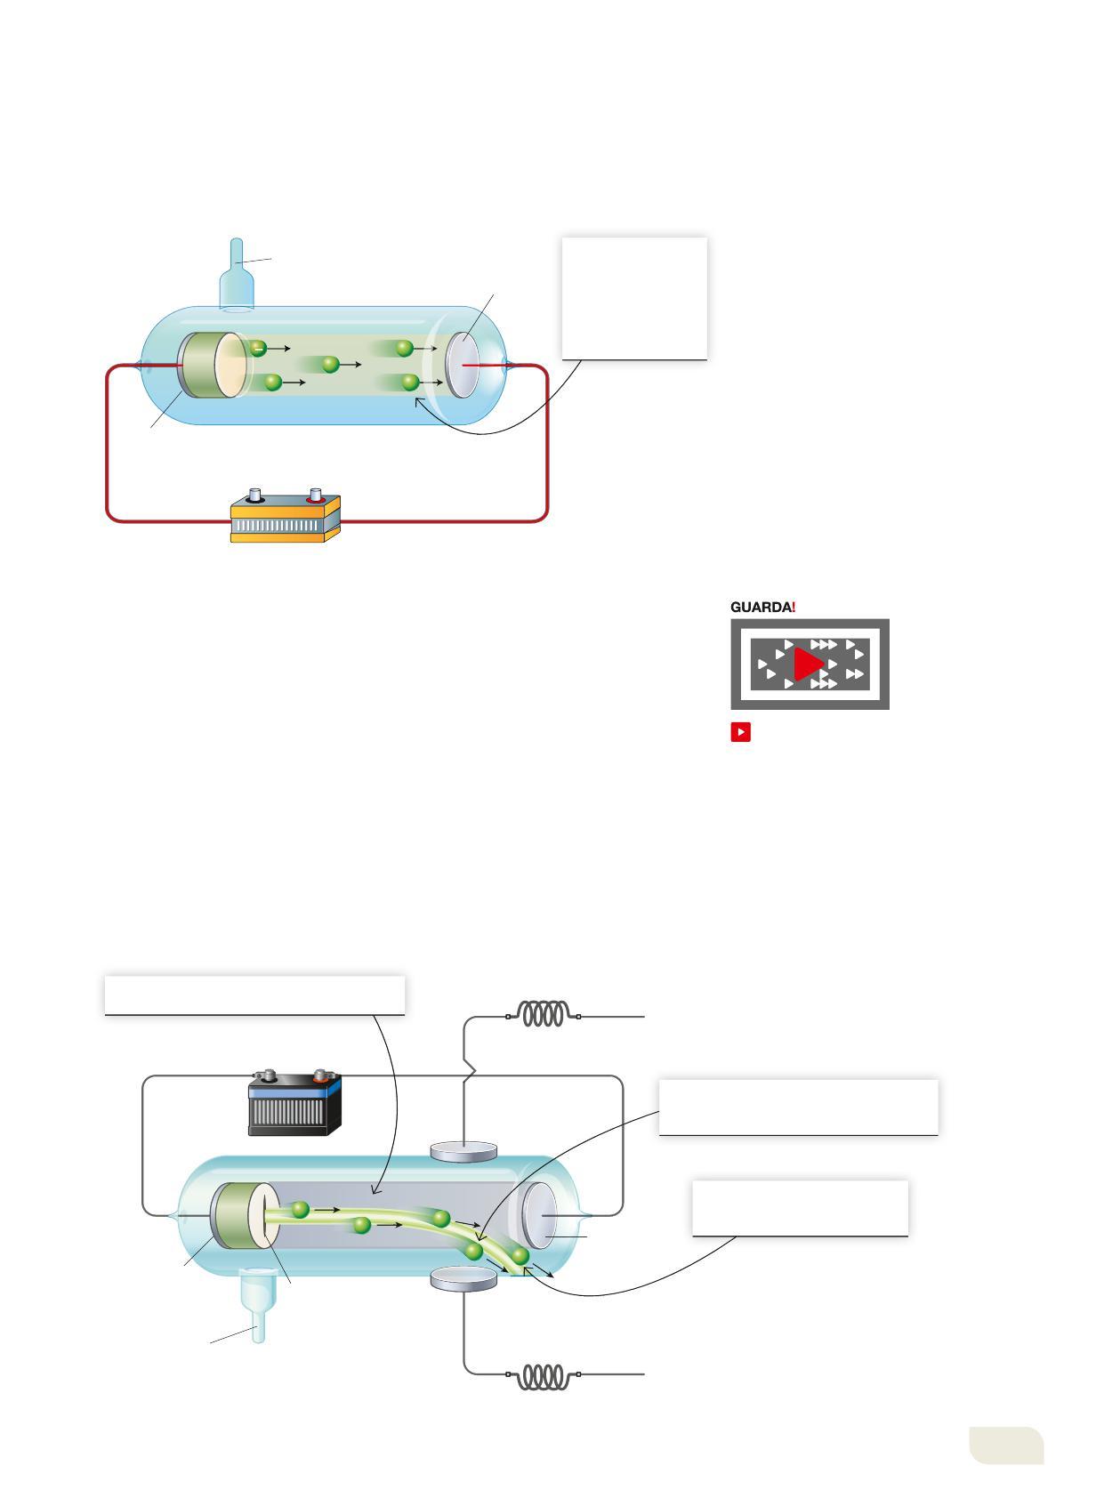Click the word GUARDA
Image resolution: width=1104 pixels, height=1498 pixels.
(x=760, y=607)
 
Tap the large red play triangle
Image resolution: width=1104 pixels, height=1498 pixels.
(x=808, y=664)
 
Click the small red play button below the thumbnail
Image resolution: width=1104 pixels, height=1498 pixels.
(x=740, y=732)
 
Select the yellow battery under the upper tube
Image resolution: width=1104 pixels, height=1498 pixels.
(x=286, y=518)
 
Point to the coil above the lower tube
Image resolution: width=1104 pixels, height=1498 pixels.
(x=544, y=1014)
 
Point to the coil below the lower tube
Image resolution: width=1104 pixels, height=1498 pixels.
(x=544, y=1377)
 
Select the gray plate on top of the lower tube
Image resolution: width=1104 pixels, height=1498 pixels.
(x=463, y=1152)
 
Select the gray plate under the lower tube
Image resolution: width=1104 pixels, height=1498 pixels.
(x=463, y=1279)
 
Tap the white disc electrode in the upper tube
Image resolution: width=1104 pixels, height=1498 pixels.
(x=462, y=364)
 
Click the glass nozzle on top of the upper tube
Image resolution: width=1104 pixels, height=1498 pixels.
(x=237, y=276)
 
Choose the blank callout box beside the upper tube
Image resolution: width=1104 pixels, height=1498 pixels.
(x=634, y=298)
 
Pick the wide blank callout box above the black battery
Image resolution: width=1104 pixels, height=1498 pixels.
(x=254, y=995)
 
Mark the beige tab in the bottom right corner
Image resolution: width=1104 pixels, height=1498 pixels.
(x=1006, y=1445)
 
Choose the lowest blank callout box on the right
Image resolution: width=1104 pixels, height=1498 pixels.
(x=800, y=1208)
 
